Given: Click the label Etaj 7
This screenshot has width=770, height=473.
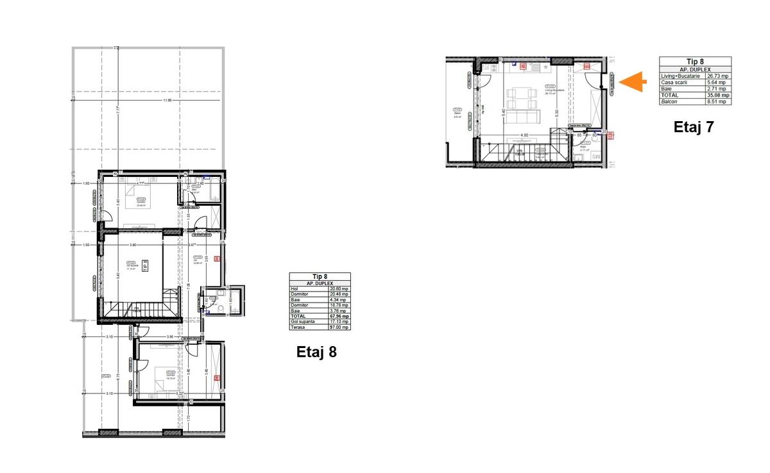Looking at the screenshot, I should [x=694, y=127].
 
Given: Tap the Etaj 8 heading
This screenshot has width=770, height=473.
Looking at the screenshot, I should [x=316, y=352].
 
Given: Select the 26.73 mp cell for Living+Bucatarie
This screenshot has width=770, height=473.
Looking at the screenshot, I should [x=717, y=76].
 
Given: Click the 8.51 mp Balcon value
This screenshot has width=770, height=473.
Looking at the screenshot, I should [x=717, y=101].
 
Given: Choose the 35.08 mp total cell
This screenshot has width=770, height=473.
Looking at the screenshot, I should [x=717, y=95].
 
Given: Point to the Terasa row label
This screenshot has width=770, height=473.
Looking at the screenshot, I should [x=298, y=328].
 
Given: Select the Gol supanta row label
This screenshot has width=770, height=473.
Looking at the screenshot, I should [x=303, y=322].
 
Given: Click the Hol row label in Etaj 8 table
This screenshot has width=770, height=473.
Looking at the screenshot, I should [x=295, y=288].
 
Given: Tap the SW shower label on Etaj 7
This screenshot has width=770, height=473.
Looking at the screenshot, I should [x=595, y=156].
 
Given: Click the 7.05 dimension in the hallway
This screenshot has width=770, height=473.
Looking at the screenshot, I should [x=188, y=286].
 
